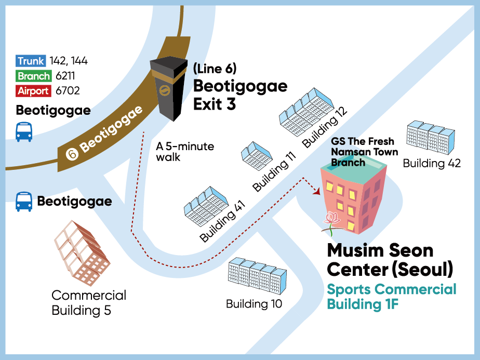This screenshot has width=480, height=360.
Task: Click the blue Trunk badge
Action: pos(31,61)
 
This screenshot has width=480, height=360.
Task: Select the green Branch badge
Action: pos(33,76)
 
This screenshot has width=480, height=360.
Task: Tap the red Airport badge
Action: pos(33,90)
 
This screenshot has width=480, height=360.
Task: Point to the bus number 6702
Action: pos(68,90)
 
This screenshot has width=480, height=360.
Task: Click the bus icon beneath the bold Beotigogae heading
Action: pos(24,132)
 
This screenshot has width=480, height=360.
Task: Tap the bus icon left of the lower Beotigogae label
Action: pos(24,202)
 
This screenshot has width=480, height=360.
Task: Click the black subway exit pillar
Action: pos(168,88)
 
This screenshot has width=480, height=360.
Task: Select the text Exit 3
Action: pos(214,104)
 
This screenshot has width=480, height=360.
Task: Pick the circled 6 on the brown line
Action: pos(72,154)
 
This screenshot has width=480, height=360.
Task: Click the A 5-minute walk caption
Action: pos(185,152)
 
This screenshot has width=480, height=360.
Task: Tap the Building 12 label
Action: pos(325,127)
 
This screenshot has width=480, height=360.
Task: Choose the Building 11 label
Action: pos(274,171)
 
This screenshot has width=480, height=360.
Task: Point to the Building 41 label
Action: pos(222,221)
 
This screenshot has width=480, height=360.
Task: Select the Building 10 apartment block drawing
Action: pos(258,276)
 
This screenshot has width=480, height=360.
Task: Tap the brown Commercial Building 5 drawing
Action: pos(82,253)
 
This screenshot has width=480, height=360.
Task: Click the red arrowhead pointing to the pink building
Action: pos(316,191)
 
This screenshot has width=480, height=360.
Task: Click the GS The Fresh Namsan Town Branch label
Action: pos(364,152)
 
